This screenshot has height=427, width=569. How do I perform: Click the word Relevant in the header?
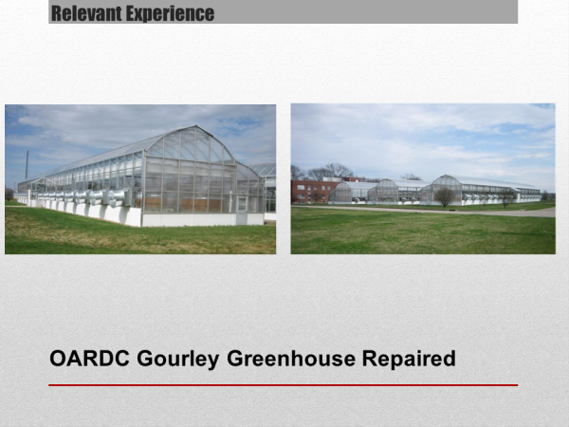click(86, 13)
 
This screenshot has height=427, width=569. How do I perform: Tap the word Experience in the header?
click(170, 14)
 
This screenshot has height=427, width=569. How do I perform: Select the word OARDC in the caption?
click(89, 359)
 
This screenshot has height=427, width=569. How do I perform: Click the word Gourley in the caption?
click(178, 359)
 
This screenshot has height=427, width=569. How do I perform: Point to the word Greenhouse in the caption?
click(291, 359)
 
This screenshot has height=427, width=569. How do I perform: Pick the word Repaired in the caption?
click(409, 359)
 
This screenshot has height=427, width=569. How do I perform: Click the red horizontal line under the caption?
click(283, 385)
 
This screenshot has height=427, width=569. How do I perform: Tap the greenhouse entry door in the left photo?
click(242, 210)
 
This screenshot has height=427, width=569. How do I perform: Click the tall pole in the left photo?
click(27, 164)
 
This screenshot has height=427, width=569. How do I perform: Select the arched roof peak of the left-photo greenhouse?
click(196, 126)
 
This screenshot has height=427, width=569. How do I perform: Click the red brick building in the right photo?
click(312, 191)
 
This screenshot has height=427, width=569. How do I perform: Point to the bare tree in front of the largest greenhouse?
click(444, 196)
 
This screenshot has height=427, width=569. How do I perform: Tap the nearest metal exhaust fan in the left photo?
click(118, 198)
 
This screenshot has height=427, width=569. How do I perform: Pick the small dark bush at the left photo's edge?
click(9, 195)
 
